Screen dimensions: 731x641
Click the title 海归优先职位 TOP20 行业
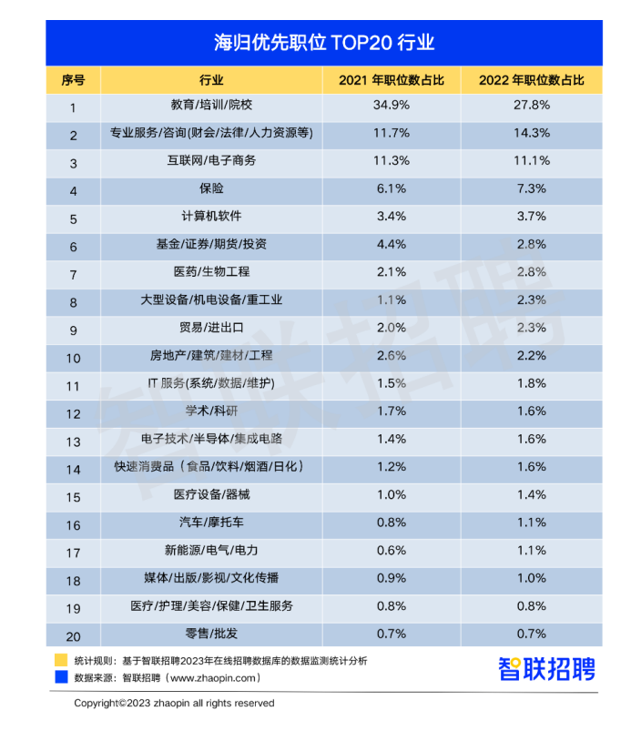click(323, 43)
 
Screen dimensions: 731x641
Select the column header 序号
click(73, 80)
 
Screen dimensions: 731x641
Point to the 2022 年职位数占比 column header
click(532, 80)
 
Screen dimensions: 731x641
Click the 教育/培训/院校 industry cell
click(210, 106)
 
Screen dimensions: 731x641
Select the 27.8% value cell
click(532, 106)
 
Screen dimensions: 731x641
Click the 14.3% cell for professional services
click(532, 134)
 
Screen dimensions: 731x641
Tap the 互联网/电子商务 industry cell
click(210, 161)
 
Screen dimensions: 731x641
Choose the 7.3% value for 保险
click(532, 189)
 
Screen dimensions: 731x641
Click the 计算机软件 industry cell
click(210, 217)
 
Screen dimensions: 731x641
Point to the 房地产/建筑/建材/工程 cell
click(210, 356)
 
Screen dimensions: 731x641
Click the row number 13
click(73, 441)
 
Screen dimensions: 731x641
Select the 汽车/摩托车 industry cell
click(210, 523)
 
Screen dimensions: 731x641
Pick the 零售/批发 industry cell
click(210, 635)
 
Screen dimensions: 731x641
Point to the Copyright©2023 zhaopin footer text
click(174, 704)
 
